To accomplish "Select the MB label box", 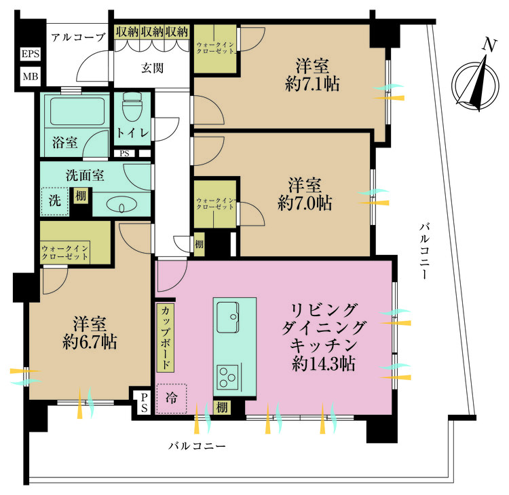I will point(31,75).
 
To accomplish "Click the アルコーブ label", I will point(78,37).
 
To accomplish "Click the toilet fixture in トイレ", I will point(130,109).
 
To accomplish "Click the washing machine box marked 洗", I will point(55,201).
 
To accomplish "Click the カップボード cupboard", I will point(166,337).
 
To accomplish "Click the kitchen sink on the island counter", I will point(228,313).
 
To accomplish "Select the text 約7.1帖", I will point(312,84).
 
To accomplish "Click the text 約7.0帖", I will point(305,203).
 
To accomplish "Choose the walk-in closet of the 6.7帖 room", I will point(75,244).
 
